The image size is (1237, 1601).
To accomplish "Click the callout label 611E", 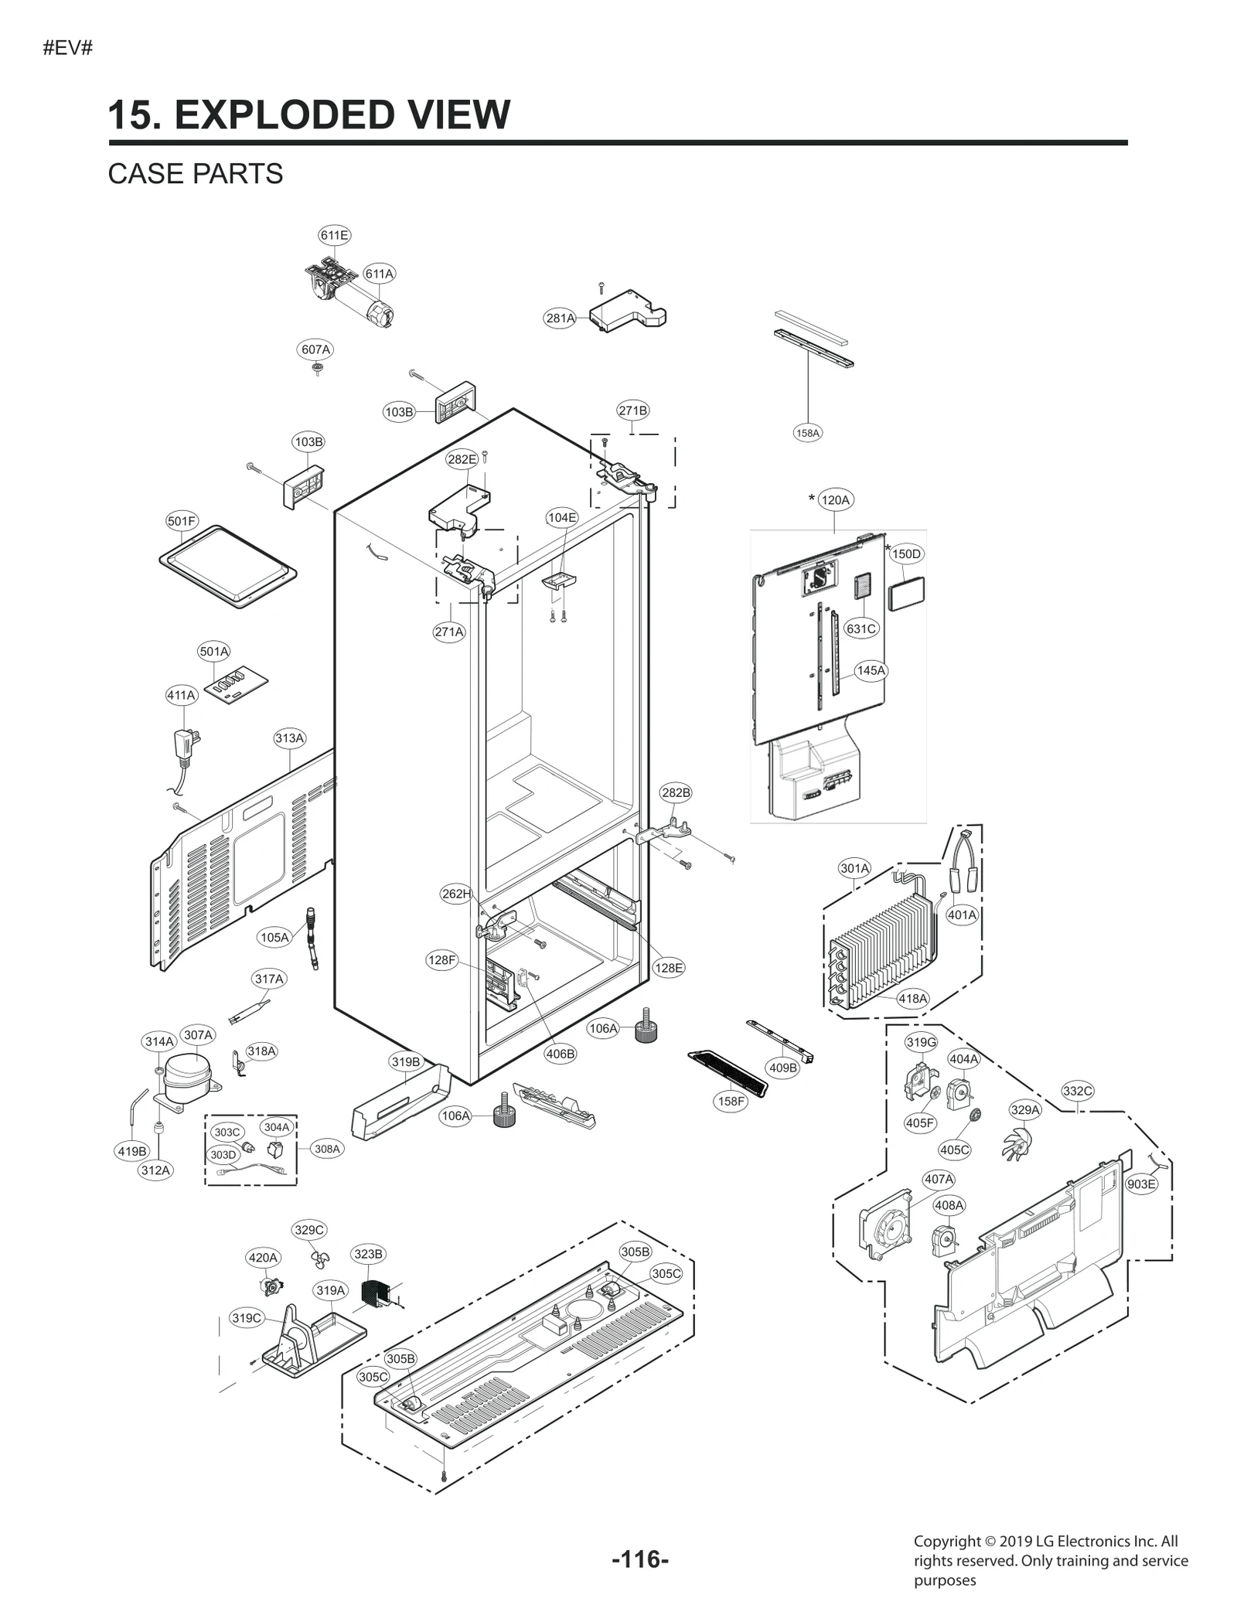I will coord(334,235).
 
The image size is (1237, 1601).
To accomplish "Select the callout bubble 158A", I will coord(807,433).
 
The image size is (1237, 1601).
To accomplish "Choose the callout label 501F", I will coord(182,521).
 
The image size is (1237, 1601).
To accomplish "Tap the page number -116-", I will coord(640,1560).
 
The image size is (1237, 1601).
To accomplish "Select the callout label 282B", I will coord(676,792).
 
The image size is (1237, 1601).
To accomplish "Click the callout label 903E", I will coord(1141,1184).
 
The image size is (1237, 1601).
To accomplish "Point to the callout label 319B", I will coord(406,1062).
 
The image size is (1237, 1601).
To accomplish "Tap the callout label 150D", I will coord(906,554).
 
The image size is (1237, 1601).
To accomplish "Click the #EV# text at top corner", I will coord(67,48).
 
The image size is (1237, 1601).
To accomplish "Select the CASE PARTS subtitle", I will coord(196,174).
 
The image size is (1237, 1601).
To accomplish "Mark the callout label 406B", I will coord(560,1054).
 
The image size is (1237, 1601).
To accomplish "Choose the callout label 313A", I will coord(290,738).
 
